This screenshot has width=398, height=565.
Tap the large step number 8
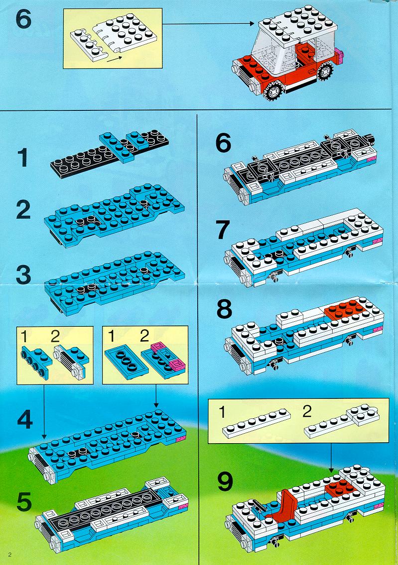click(224, 309)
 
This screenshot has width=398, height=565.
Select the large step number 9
click(225, 481)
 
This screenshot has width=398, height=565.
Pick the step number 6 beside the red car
click(23, 19)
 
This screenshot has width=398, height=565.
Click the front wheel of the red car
click(273, 90)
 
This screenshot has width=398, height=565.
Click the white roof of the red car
click(298, 25)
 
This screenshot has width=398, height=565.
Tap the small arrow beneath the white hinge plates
click(115, 58)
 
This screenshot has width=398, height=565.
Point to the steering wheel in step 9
click(257, 504)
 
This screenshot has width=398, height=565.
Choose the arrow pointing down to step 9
click(331, 458)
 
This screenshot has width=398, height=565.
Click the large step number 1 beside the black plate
click(23, 158)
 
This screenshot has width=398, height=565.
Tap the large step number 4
click(24, 419)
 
